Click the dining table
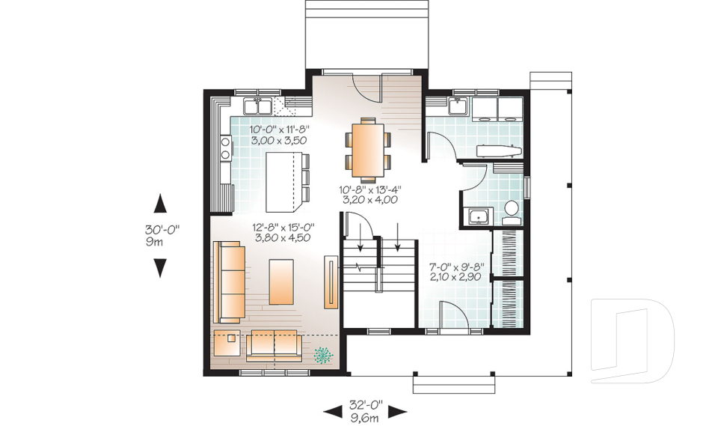pyautogui.click(x=367, y=148)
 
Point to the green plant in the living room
pyautogui.click(x=323, y=354)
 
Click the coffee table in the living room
pyautogui.click(x=281, y=282)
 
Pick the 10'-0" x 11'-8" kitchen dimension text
pyautogui.click(x=280, y=135)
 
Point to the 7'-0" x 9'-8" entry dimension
pyautogui.click(x=456, y=272)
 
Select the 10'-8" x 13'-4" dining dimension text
pyautogui.click(x=369, y=194)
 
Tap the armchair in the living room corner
pyautogui.click(x=227, y=343)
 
